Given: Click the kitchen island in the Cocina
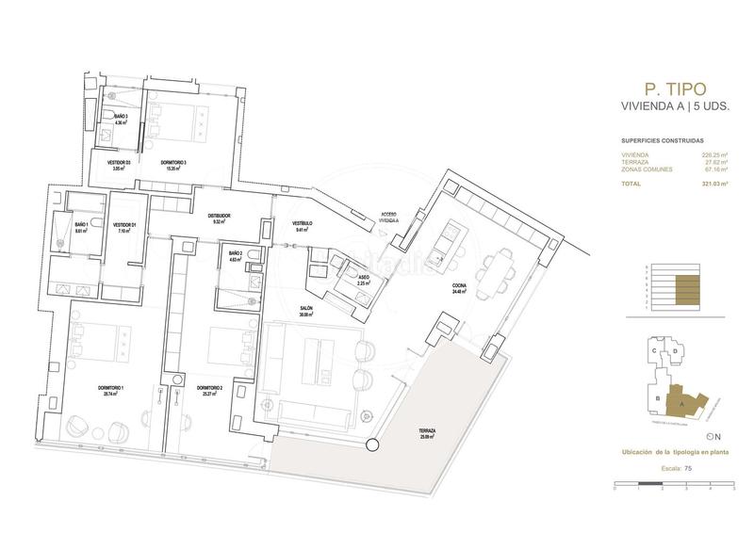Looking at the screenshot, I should tap(447, 243).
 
